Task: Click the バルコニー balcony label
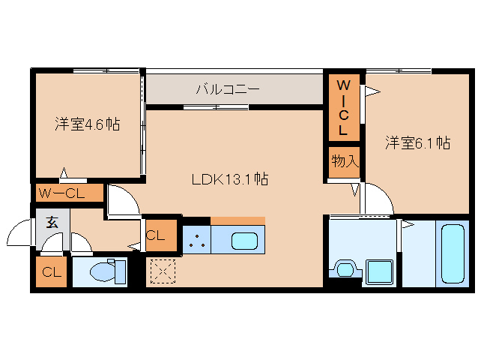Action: point(228,89)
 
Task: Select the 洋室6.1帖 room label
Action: point(417,142)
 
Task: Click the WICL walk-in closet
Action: point(342,106)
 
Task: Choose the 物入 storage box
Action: point(345,161)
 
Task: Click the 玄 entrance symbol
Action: point(52,222)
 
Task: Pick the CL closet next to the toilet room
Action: point(51,271)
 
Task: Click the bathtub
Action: point(453,253)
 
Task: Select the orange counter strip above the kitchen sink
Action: point(238,220)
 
